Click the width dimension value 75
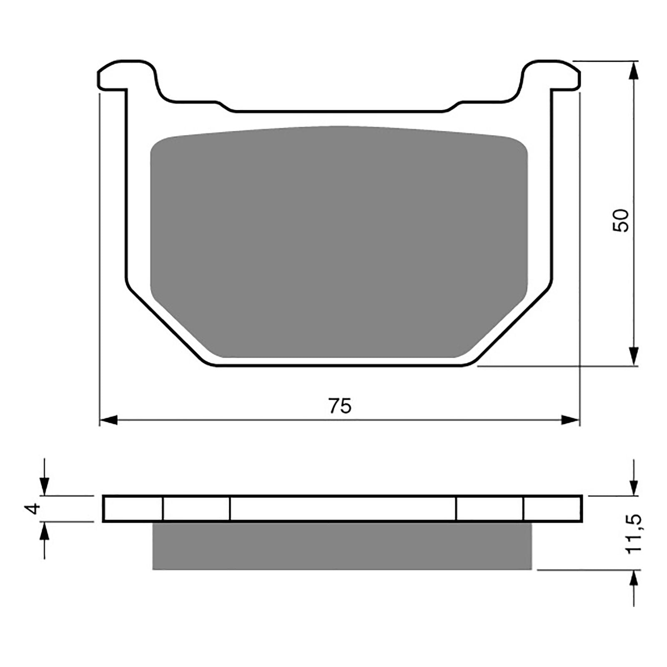(x=340, y=406)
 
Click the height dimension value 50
(x=620, y=221)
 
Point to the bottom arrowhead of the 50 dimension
(x=634, y=356)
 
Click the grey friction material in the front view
(x=339, y=242)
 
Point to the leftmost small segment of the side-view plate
(x=133, y=509)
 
